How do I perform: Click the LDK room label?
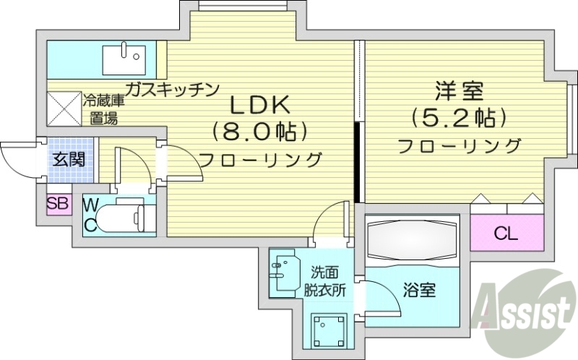(259, 106)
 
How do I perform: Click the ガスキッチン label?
(171, 90)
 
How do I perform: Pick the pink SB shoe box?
(58, 203)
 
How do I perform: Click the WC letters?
(91, 215)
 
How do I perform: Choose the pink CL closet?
(506, 233)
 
